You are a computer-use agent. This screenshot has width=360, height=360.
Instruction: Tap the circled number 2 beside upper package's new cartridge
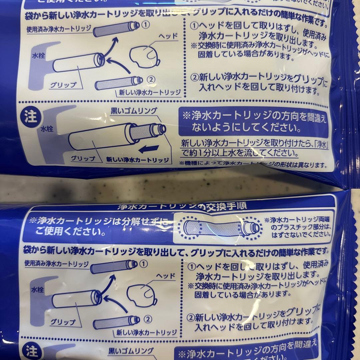[x=151, y=80]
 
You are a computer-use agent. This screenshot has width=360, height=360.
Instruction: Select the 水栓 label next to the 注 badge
[x=47, y=128]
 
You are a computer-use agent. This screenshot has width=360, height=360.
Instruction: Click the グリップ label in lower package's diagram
[x=63, y=322]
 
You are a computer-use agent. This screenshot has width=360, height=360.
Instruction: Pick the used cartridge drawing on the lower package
[x=114, y=267]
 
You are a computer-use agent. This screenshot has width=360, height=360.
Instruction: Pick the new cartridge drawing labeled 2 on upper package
[x=119, y=82]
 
